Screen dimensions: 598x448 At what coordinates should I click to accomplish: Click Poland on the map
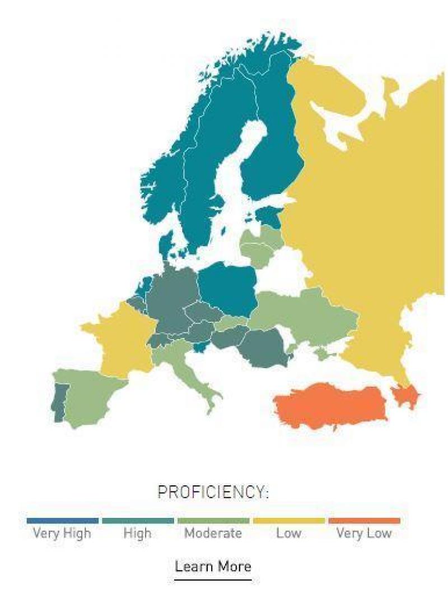pyautogui.click(x=227, y=289)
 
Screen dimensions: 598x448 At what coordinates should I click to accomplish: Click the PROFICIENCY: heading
pyautogui.click(x=213, y=493)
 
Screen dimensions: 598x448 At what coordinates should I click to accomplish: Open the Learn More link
pyautogui.click(x=213, y=565)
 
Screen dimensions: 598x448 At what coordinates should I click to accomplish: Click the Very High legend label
pyautogui.click(x=62, y=533)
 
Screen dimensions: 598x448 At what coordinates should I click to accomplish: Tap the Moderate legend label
pyautogui.click(x=213, y=533)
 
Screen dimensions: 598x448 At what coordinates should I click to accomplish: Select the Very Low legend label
pyautogui.click(x=364, y=533)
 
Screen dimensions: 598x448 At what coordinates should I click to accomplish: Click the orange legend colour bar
pyautogui.click(x=364, y=521)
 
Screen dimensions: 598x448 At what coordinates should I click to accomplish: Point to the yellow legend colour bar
pyautogui.click(x=288, y=521)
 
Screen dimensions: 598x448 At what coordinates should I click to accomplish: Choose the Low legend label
pyautogui.click(x=288, y=533)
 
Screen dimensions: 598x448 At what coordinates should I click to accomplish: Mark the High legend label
pyautogui.click(x=137, y=533)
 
